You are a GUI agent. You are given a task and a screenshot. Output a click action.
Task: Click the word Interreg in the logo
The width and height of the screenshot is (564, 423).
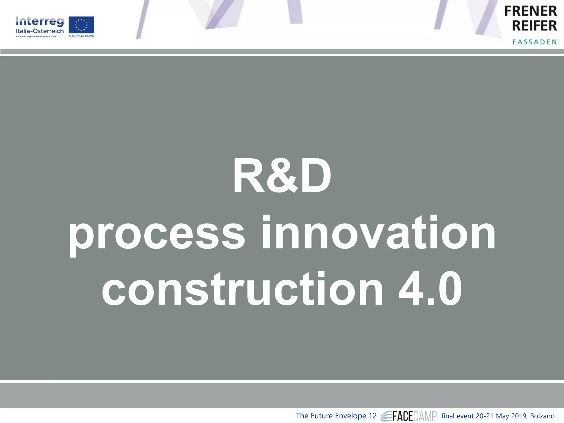point(40,21)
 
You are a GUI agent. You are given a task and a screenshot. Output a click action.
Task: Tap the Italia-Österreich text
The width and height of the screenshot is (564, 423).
point(40,31)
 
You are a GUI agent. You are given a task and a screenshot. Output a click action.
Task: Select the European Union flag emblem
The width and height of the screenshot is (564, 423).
point(81,25)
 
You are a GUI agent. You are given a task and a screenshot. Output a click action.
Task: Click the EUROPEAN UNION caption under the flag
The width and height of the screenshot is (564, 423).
point(81,36)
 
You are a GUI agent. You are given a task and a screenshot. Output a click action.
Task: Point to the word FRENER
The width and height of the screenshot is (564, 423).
point(530,11)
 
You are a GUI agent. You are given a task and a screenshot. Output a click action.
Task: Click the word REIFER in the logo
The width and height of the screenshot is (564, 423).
point(534,26)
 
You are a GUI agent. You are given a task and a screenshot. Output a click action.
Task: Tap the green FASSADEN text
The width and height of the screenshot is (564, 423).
point(535,42)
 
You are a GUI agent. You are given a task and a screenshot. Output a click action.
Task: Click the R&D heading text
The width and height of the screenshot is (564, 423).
point(282,176)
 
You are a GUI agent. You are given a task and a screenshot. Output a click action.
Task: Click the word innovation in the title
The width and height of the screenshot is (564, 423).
point(379,233)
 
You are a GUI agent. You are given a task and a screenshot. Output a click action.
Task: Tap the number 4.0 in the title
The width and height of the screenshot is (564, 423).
point(430,289)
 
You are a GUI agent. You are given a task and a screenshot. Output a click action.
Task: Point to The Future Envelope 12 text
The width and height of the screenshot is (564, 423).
point(336,416)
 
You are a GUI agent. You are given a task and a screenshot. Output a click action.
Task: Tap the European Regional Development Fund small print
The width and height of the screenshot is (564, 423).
point(36,37)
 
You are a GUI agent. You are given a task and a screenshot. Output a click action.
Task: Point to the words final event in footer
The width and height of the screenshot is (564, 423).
point(458,416)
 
